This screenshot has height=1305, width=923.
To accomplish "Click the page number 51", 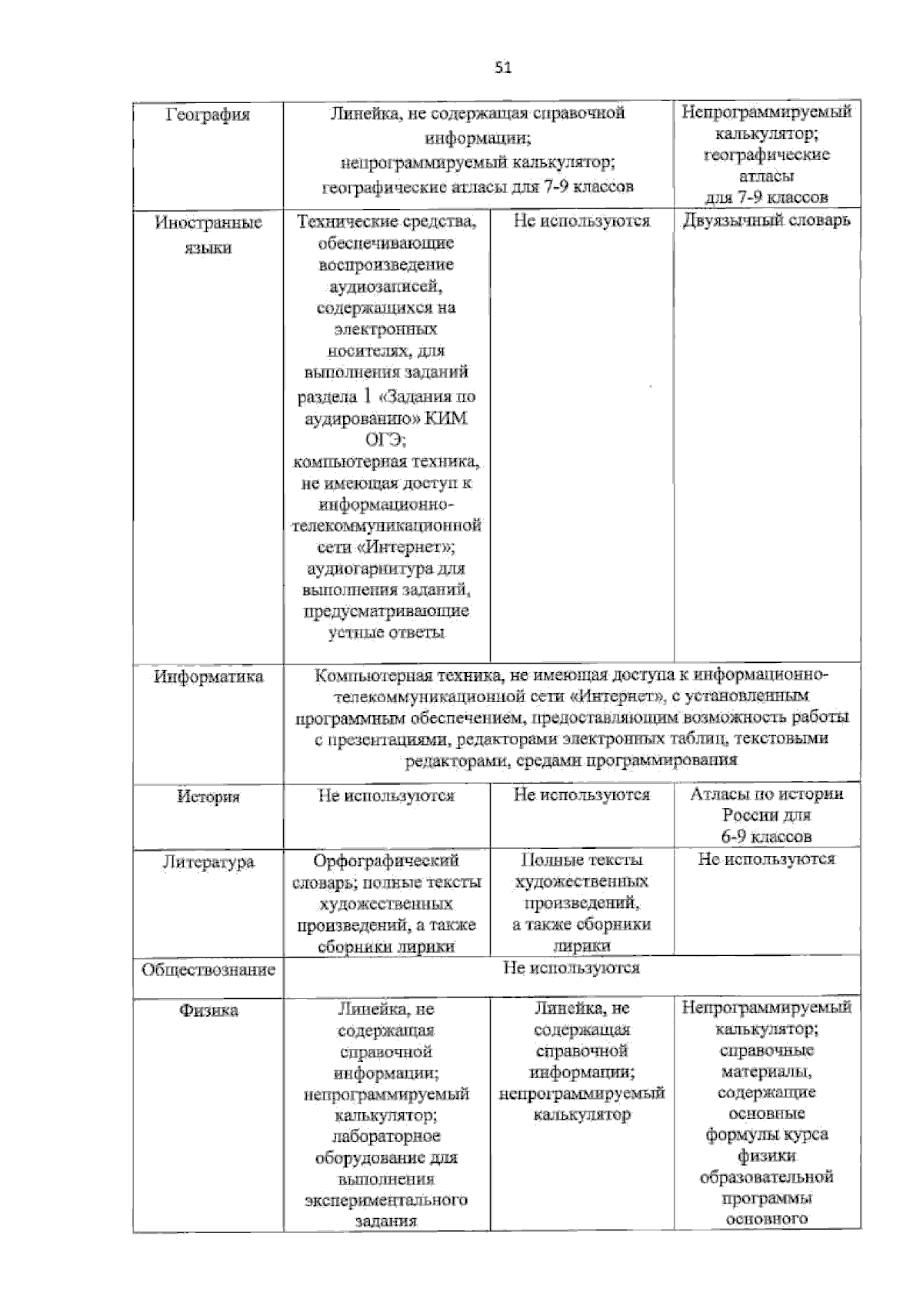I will coord(503,68).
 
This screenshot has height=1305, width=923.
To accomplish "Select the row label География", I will coord(208,115).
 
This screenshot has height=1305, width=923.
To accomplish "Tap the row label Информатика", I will coord(208,677).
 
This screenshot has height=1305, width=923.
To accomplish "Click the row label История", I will coord(208,797).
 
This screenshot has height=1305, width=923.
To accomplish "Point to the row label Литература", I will coord(208,862).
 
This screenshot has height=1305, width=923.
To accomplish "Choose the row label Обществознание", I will coord(208,970).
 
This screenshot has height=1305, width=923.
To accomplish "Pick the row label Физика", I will coord(208,1010).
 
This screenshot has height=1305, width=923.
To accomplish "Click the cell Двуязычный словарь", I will coord(766,221).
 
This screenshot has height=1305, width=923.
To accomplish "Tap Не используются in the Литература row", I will coord(766,859).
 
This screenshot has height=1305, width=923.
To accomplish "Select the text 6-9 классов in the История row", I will coord(766,837).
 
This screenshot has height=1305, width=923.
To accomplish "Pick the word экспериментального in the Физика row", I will coord(386,1200).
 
